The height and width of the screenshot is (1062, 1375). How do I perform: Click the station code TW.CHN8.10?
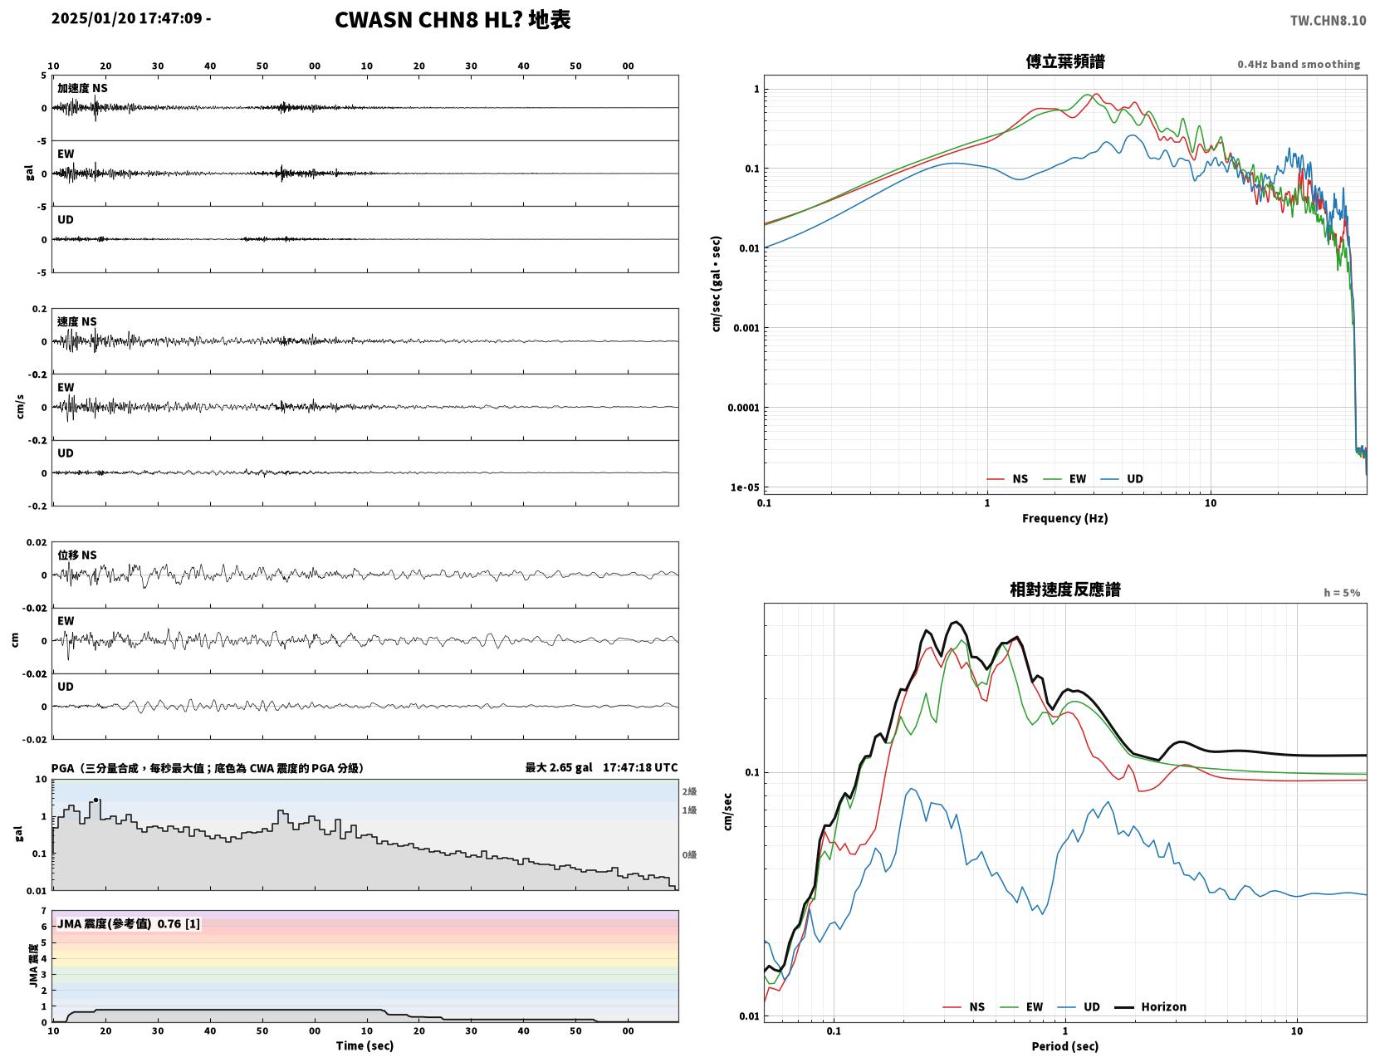(x=1328, y=20)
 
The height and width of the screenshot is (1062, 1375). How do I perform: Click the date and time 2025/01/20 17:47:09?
(x=126, y=17)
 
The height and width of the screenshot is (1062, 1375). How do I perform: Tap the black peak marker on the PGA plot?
(x=95, y=800)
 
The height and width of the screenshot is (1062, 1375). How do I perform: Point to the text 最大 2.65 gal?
(x=559, y=767)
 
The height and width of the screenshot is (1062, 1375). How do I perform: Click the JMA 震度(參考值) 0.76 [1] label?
(x=129, y=923)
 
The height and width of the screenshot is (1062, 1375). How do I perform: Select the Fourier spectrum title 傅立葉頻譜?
(x=1065, y=61)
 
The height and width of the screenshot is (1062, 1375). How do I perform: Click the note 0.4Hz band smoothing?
(x=1299, y=64)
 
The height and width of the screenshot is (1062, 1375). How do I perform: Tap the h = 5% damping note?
(x=1342, y=593)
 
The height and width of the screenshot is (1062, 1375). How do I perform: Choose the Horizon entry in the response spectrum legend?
(x=1150, y=1006)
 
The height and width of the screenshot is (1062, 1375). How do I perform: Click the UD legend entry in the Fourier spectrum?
(x=1122, y=479)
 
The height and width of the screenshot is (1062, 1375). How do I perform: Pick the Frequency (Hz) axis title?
(x=1065, y=518)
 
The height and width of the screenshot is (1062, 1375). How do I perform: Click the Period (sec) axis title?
(x=1065, y=1045)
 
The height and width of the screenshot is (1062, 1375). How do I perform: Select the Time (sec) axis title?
(x=365, y=1045)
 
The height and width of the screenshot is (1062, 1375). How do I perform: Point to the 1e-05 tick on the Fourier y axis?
(x=745, y=487)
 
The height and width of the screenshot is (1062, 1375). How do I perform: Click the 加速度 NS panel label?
(x=82, y=88)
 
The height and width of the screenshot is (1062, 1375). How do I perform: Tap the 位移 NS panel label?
(x=77, y=555)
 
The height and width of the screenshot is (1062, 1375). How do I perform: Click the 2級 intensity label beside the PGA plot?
(x=689, y=791)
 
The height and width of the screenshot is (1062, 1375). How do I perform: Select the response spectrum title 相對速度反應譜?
(x=1065, y=590)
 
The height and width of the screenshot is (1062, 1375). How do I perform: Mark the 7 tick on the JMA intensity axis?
(x=44, y=911)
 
